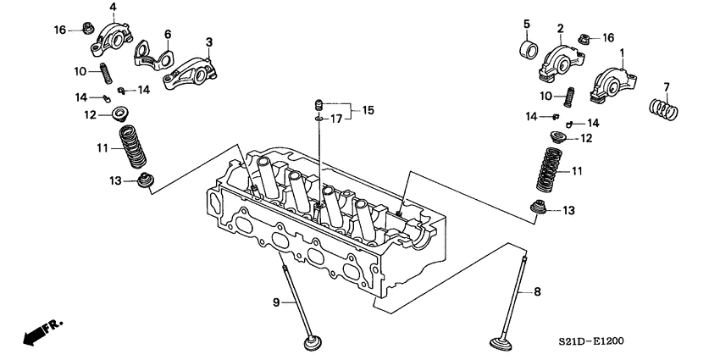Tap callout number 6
coord(167,34)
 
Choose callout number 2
coord(560,29)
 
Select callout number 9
coord(275,302)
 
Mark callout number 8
coord(536,292)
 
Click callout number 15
coord(368,111)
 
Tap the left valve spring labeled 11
coord(131,149)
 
